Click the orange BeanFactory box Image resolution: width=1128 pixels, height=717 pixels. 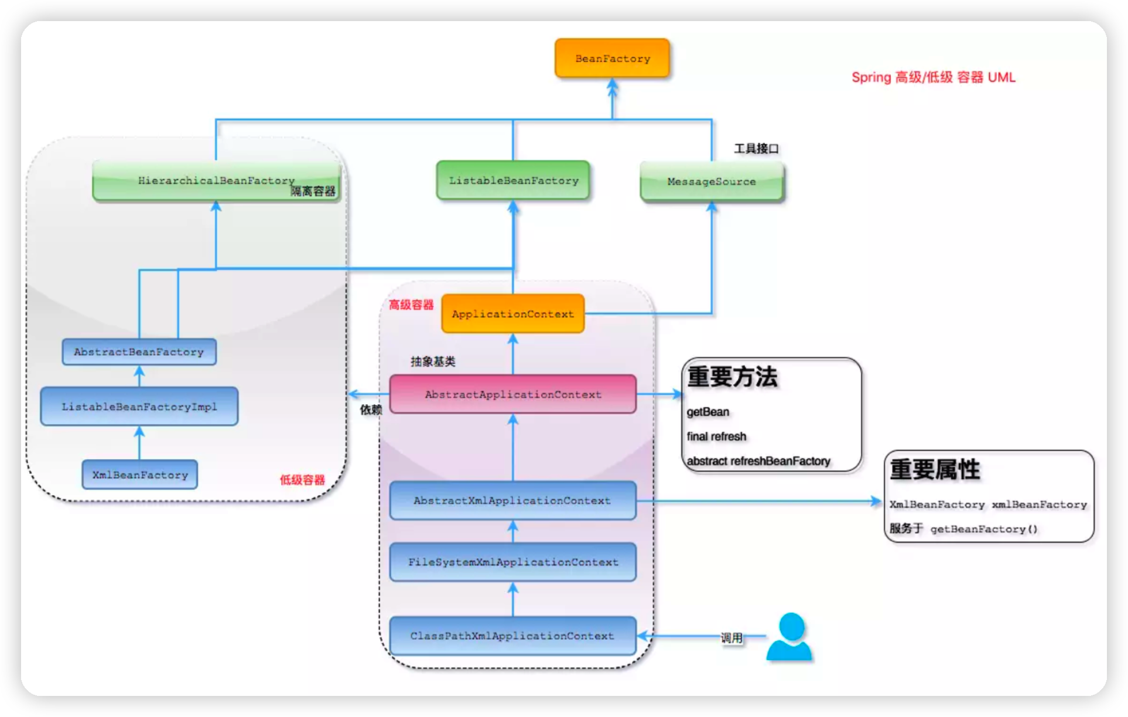pos(612,58)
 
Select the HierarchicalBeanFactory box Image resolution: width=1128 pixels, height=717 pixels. pos(216,181)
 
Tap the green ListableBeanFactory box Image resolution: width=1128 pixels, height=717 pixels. pos(513,180)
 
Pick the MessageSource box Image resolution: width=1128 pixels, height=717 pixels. pos(712,182)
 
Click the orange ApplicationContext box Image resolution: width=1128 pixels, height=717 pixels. pos(513,314)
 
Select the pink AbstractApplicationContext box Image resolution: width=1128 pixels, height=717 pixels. pos(513,394)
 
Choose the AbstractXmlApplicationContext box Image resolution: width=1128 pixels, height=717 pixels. pos(513,500)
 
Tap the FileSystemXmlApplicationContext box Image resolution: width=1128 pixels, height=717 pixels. pos(513,562)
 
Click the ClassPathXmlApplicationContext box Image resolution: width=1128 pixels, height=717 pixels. pos(513,636)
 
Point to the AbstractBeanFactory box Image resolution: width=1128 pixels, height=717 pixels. pos(139,352)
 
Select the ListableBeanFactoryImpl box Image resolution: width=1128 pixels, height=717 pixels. pos(139,407)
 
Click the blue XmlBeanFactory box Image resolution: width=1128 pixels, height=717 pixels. pos(140,474)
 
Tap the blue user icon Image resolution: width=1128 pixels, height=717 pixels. pos(789,637)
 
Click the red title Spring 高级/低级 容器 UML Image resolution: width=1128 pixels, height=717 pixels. pos(934,77)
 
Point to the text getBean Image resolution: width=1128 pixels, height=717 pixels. pos(708,412)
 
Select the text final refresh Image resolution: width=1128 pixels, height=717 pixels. pos(717,436)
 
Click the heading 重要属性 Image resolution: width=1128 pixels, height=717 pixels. pos(935,469)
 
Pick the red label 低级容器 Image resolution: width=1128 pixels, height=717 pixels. pos(302,480)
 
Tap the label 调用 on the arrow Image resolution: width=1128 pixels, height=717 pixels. pos(732,637)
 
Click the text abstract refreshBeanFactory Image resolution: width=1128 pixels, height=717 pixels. pos(758,461)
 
